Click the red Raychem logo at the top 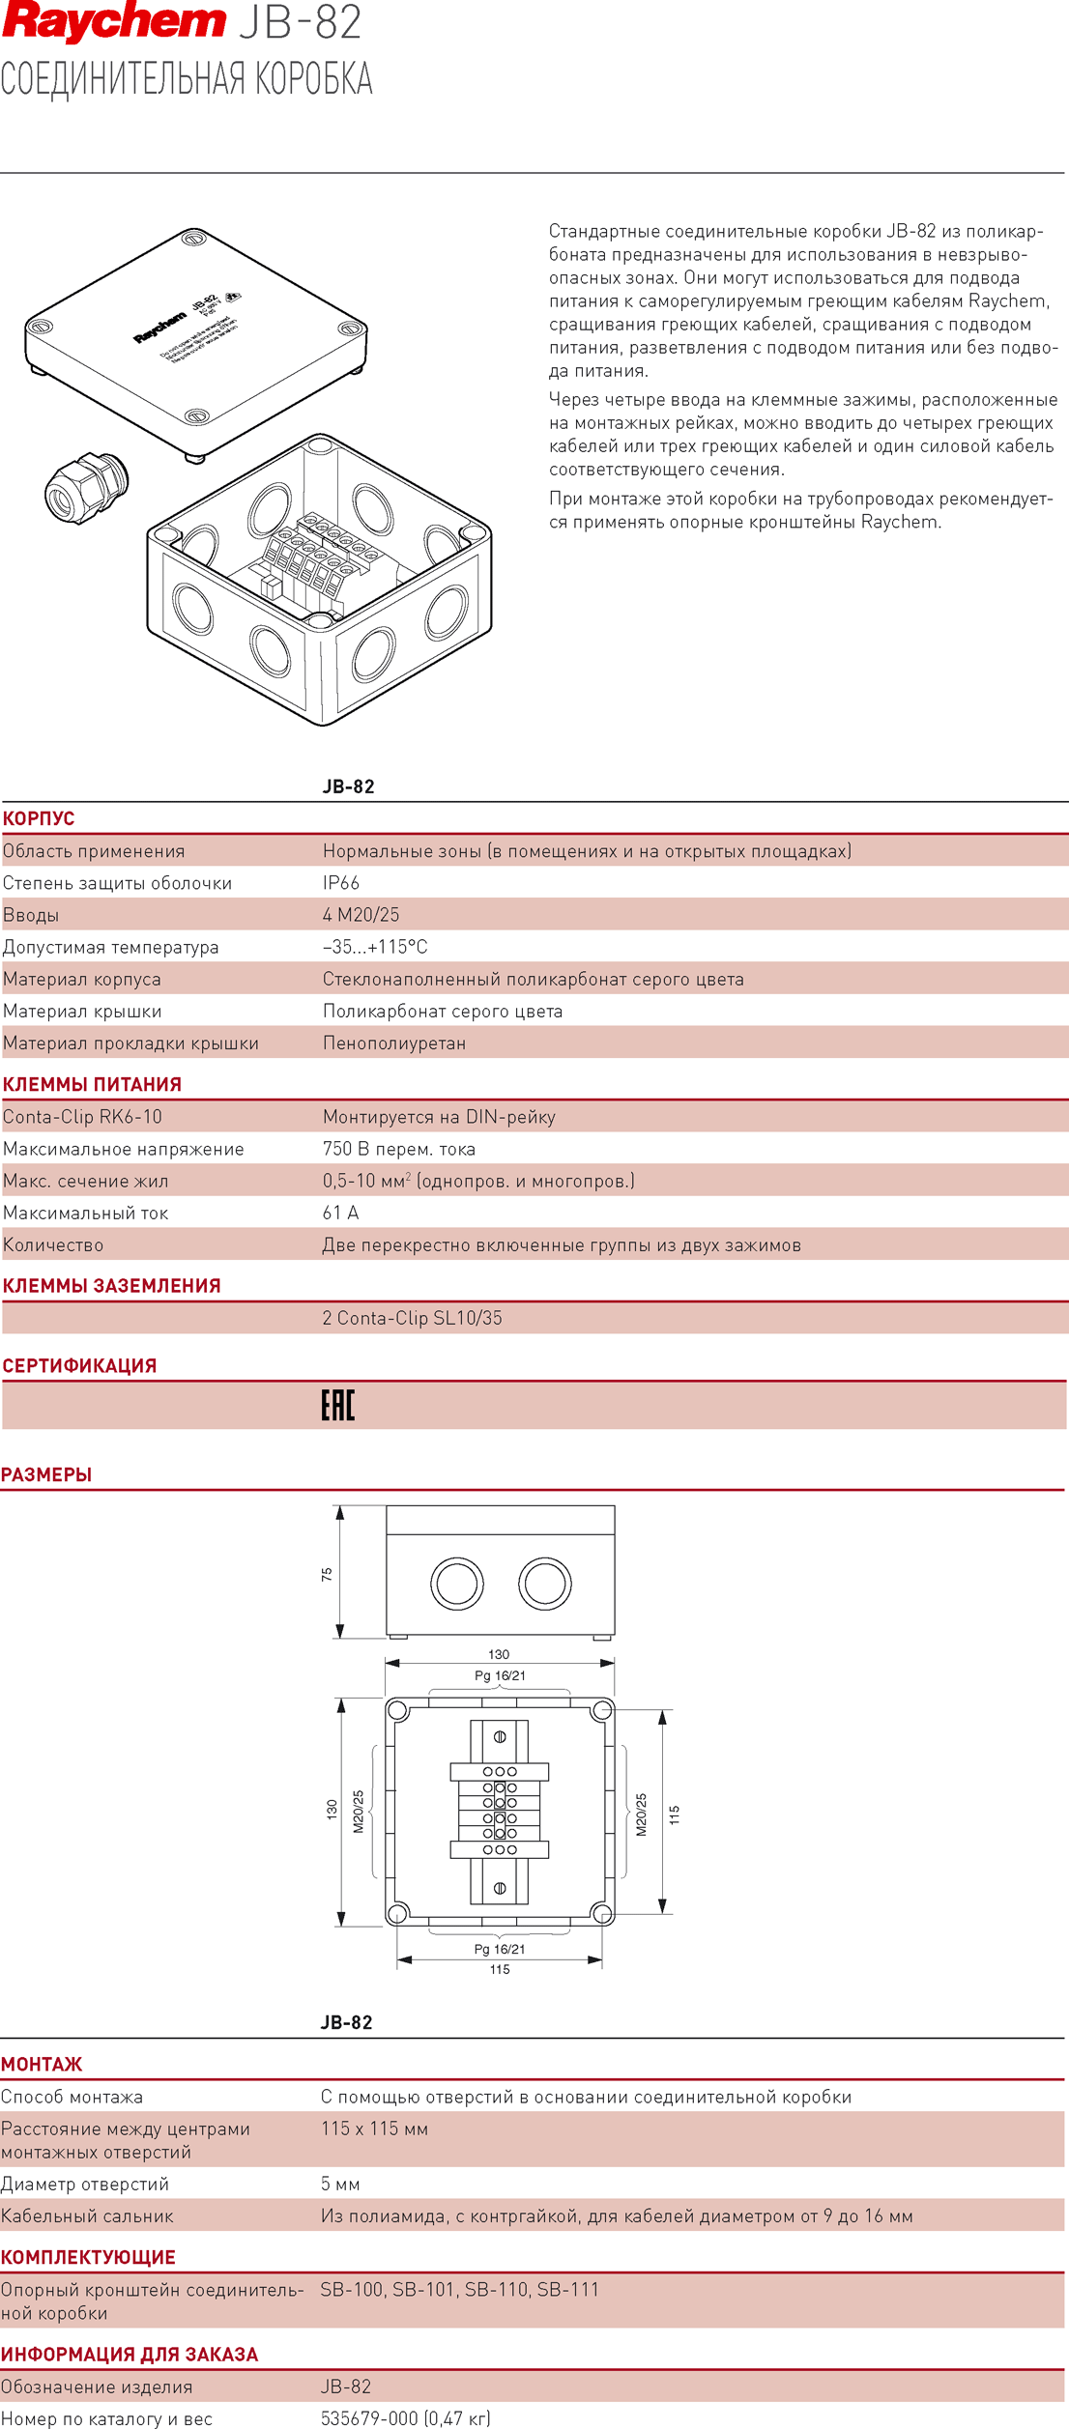click(x=113, y=22)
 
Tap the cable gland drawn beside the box click(x=85, y=487)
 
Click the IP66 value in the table click(x=340, y=883)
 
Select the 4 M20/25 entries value click(x=361, y=915)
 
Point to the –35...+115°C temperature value click(x=374, y=947)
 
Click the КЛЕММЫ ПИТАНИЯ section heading click(x=92, y=1084)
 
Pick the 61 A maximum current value click(x=340, y=1213)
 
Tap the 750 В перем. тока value click(x=398, y=1149)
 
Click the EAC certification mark click(x=337, y=1405)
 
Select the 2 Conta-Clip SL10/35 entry click(x=412, y=1318)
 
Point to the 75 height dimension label click(x=327, y=1574)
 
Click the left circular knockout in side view click(x=456, y=1583)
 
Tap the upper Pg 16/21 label click(x=500, y=1675)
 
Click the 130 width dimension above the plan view click(x=499, y=1654)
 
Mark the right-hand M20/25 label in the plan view click(x=641, y=1814)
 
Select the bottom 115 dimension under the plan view click(x=500, y=1969)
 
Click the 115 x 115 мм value click(x=374, y=2129)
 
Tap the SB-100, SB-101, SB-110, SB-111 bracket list click(x=459, y=2289)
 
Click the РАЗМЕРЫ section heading click(x=46, y=1474)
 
